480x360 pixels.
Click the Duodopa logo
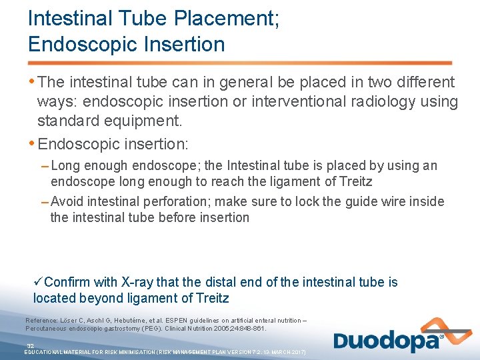click(388, 340)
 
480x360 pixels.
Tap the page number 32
click(30, 345)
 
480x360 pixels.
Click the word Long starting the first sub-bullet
click(65, 165)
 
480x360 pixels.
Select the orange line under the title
click(240, 63)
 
